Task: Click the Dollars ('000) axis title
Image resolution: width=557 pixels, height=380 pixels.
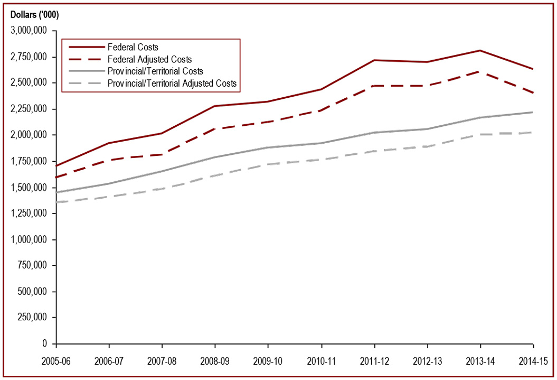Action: [x=35, y=14]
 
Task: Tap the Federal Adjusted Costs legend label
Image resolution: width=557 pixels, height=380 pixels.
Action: [x=149, y=59]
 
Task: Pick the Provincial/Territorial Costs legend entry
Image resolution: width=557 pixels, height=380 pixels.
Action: [x=155, y=71]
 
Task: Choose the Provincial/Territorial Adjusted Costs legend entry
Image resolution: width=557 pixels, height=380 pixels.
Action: [x=172, y=83]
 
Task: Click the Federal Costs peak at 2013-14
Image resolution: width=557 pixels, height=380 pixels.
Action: [x=480, y=51]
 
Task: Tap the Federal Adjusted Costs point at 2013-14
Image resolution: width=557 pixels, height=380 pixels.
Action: [x=480, y=71]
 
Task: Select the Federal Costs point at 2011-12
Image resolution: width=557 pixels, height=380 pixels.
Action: [x=374, y=60]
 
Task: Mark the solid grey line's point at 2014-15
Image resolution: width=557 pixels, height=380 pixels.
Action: [x=533, y=112]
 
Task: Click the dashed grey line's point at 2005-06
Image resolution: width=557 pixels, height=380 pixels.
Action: [x=56, y=202]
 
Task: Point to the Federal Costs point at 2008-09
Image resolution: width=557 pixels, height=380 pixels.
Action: [x=215, y=106]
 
